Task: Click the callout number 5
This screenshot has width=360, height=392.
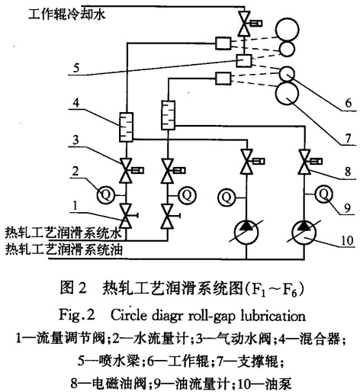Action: (76, 68)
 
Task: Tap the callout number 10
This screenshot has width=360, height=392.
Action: (347, 240)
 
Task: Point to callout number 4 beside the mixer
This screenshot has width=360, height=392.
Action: (76, 103)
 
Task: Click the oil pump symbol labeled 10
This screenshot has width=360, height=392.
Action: (304, 232)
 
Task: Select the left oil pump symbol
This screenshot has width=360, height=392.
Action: (246, 232)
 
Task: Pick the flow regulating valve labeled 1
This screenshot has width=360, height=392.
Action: (127, 216)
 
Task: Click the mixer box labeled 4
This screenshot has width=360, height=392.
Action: (127, 127)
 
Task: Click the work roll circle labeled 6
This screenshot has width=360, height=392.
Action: (287, 73)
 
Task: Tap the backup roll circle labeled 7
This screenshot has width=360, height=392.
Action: (287, 93)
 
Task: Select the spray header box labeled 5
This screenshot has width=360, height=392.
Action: (243, 60)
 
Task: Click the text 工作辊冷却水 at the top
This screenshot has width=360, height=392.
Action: (66, 14)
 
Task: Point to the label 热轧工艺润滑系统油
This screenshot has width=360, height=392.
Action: (64, 249)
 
